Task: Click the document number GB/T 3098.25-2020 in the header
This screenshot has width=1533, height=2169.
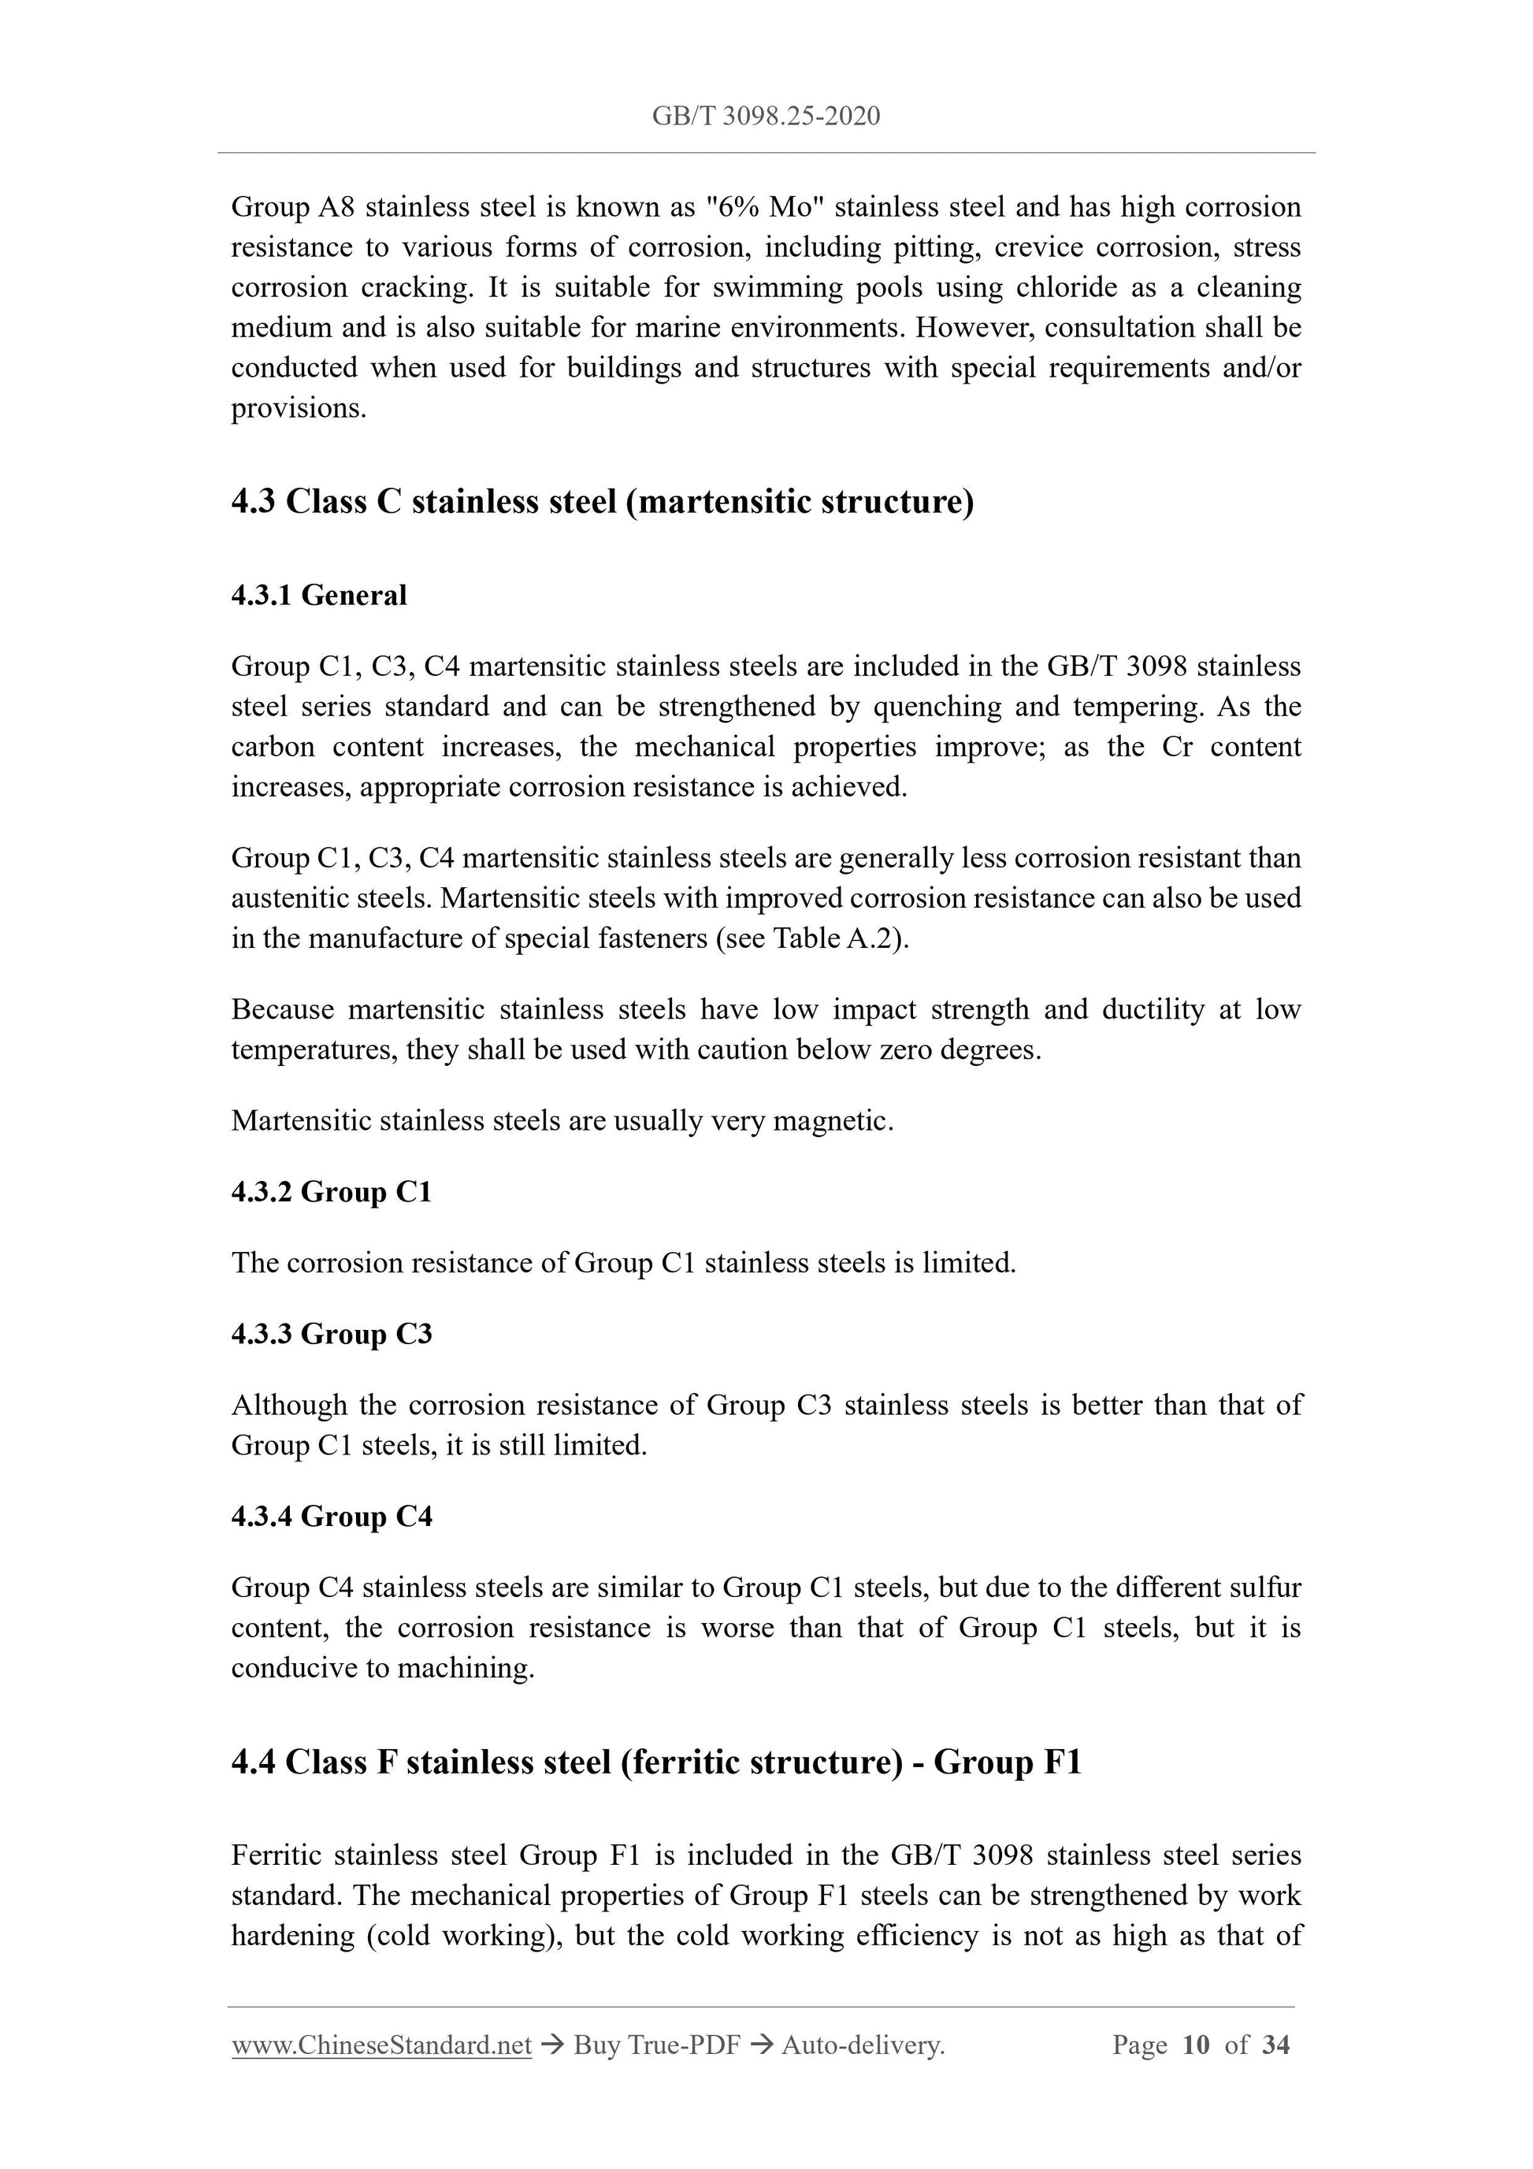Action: [x=766, y=116]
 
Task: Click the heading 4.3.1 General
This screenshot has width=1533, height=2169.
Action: [x=318, y=595]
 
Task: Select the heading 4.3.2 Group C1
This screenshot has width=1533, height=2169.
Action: [x=331, y=1192]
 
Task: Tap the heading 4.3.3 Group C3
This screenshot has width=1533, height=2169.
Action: [x=331, y=1334]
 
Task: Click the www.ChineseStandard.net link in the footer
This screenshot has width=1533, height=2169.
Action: [x=381, y=2045]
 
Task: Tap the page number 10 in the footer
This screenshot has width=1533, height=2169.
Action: [x=1195, y=2045]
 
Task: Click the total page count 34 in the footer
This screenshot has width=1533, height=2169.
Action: [x=1275, y=2045]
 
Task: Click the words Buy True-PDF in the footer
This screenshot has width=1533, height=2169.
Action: [x=656, y=2045]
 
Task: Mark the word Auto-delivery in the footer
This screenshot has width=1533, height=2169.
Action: [x=863, y=2045]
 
